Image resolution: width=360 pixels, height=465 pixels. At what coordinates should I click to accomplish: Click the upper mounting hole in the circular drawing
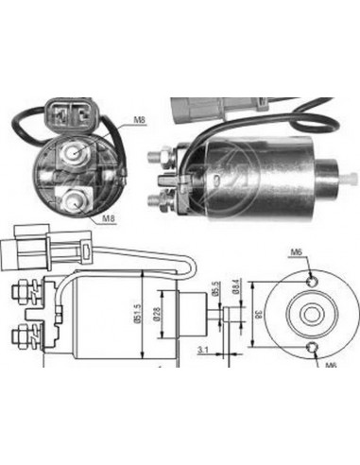click(311, 275)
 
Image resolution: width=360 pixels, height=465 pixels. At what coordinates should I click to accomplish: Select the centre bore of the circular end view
click(310, 311)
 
